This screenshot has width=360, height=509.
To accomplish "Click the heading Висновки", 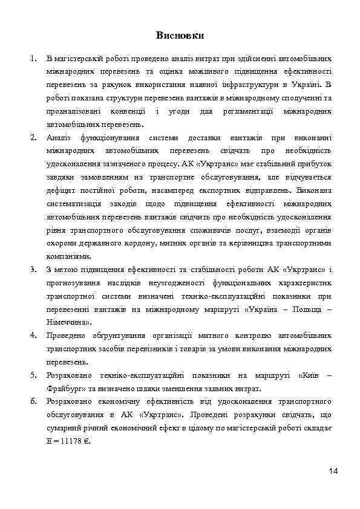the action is point(180,35).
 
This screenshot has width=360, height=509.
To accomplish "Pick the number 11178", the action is point(70,441).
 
